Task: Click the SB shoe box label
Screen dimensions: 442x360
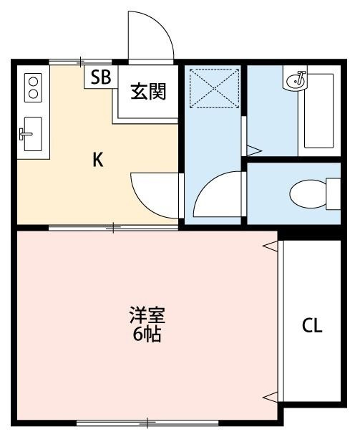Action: point(100,77)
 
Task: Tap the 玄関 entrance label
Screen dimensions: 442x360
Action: point(148,92)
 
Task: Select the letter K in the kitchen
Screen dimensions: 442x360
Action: point(98,160)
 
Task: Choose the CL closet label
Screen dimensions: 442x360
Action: point(311,326)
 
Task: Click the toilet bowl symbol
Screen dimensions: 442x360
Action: point(311,192)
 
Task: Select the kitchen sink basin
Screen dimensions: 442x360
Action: point(33,133)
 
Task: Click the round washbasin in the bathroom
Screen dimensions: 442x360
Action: point(295,80)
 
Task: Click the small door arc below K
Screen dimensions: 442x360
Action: point(153,191)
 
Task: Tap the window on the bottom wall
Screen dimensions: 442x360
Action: point(147,423)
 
